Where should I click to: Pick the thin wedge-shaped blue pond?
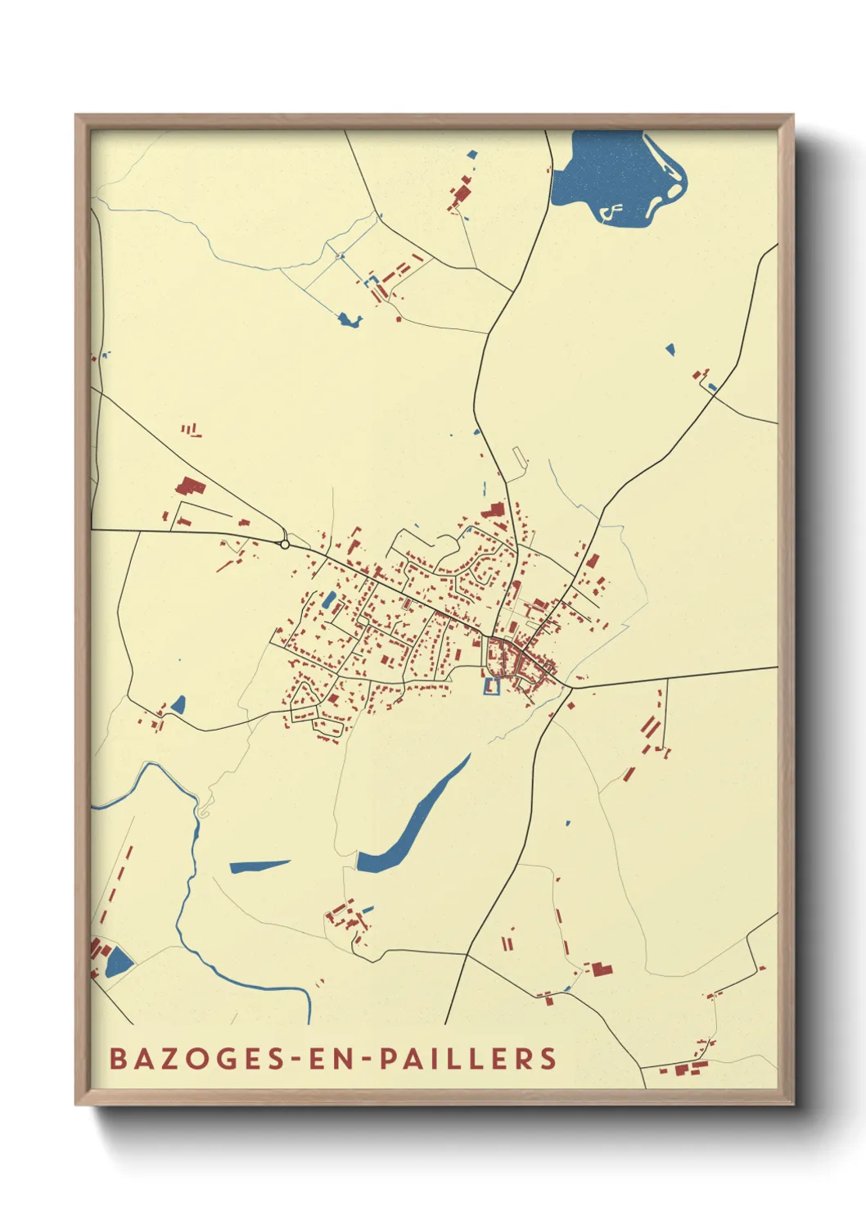(x=258, y=866)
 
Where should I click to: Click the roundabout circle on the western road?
(x=284, y=544)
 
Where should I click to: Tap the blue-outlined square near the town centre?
(x=491, y=687)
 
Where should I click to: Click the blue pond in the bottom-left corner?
(x=119, y=961)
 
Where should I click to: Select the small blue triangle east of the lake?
(x=670, y=350)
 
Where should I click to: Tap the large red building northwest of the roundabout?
(x=189, y=487)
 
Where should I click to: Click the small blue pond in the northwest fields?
(x=349, y=320)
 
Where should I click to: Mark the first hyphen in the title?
(x=291, y=1059)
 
